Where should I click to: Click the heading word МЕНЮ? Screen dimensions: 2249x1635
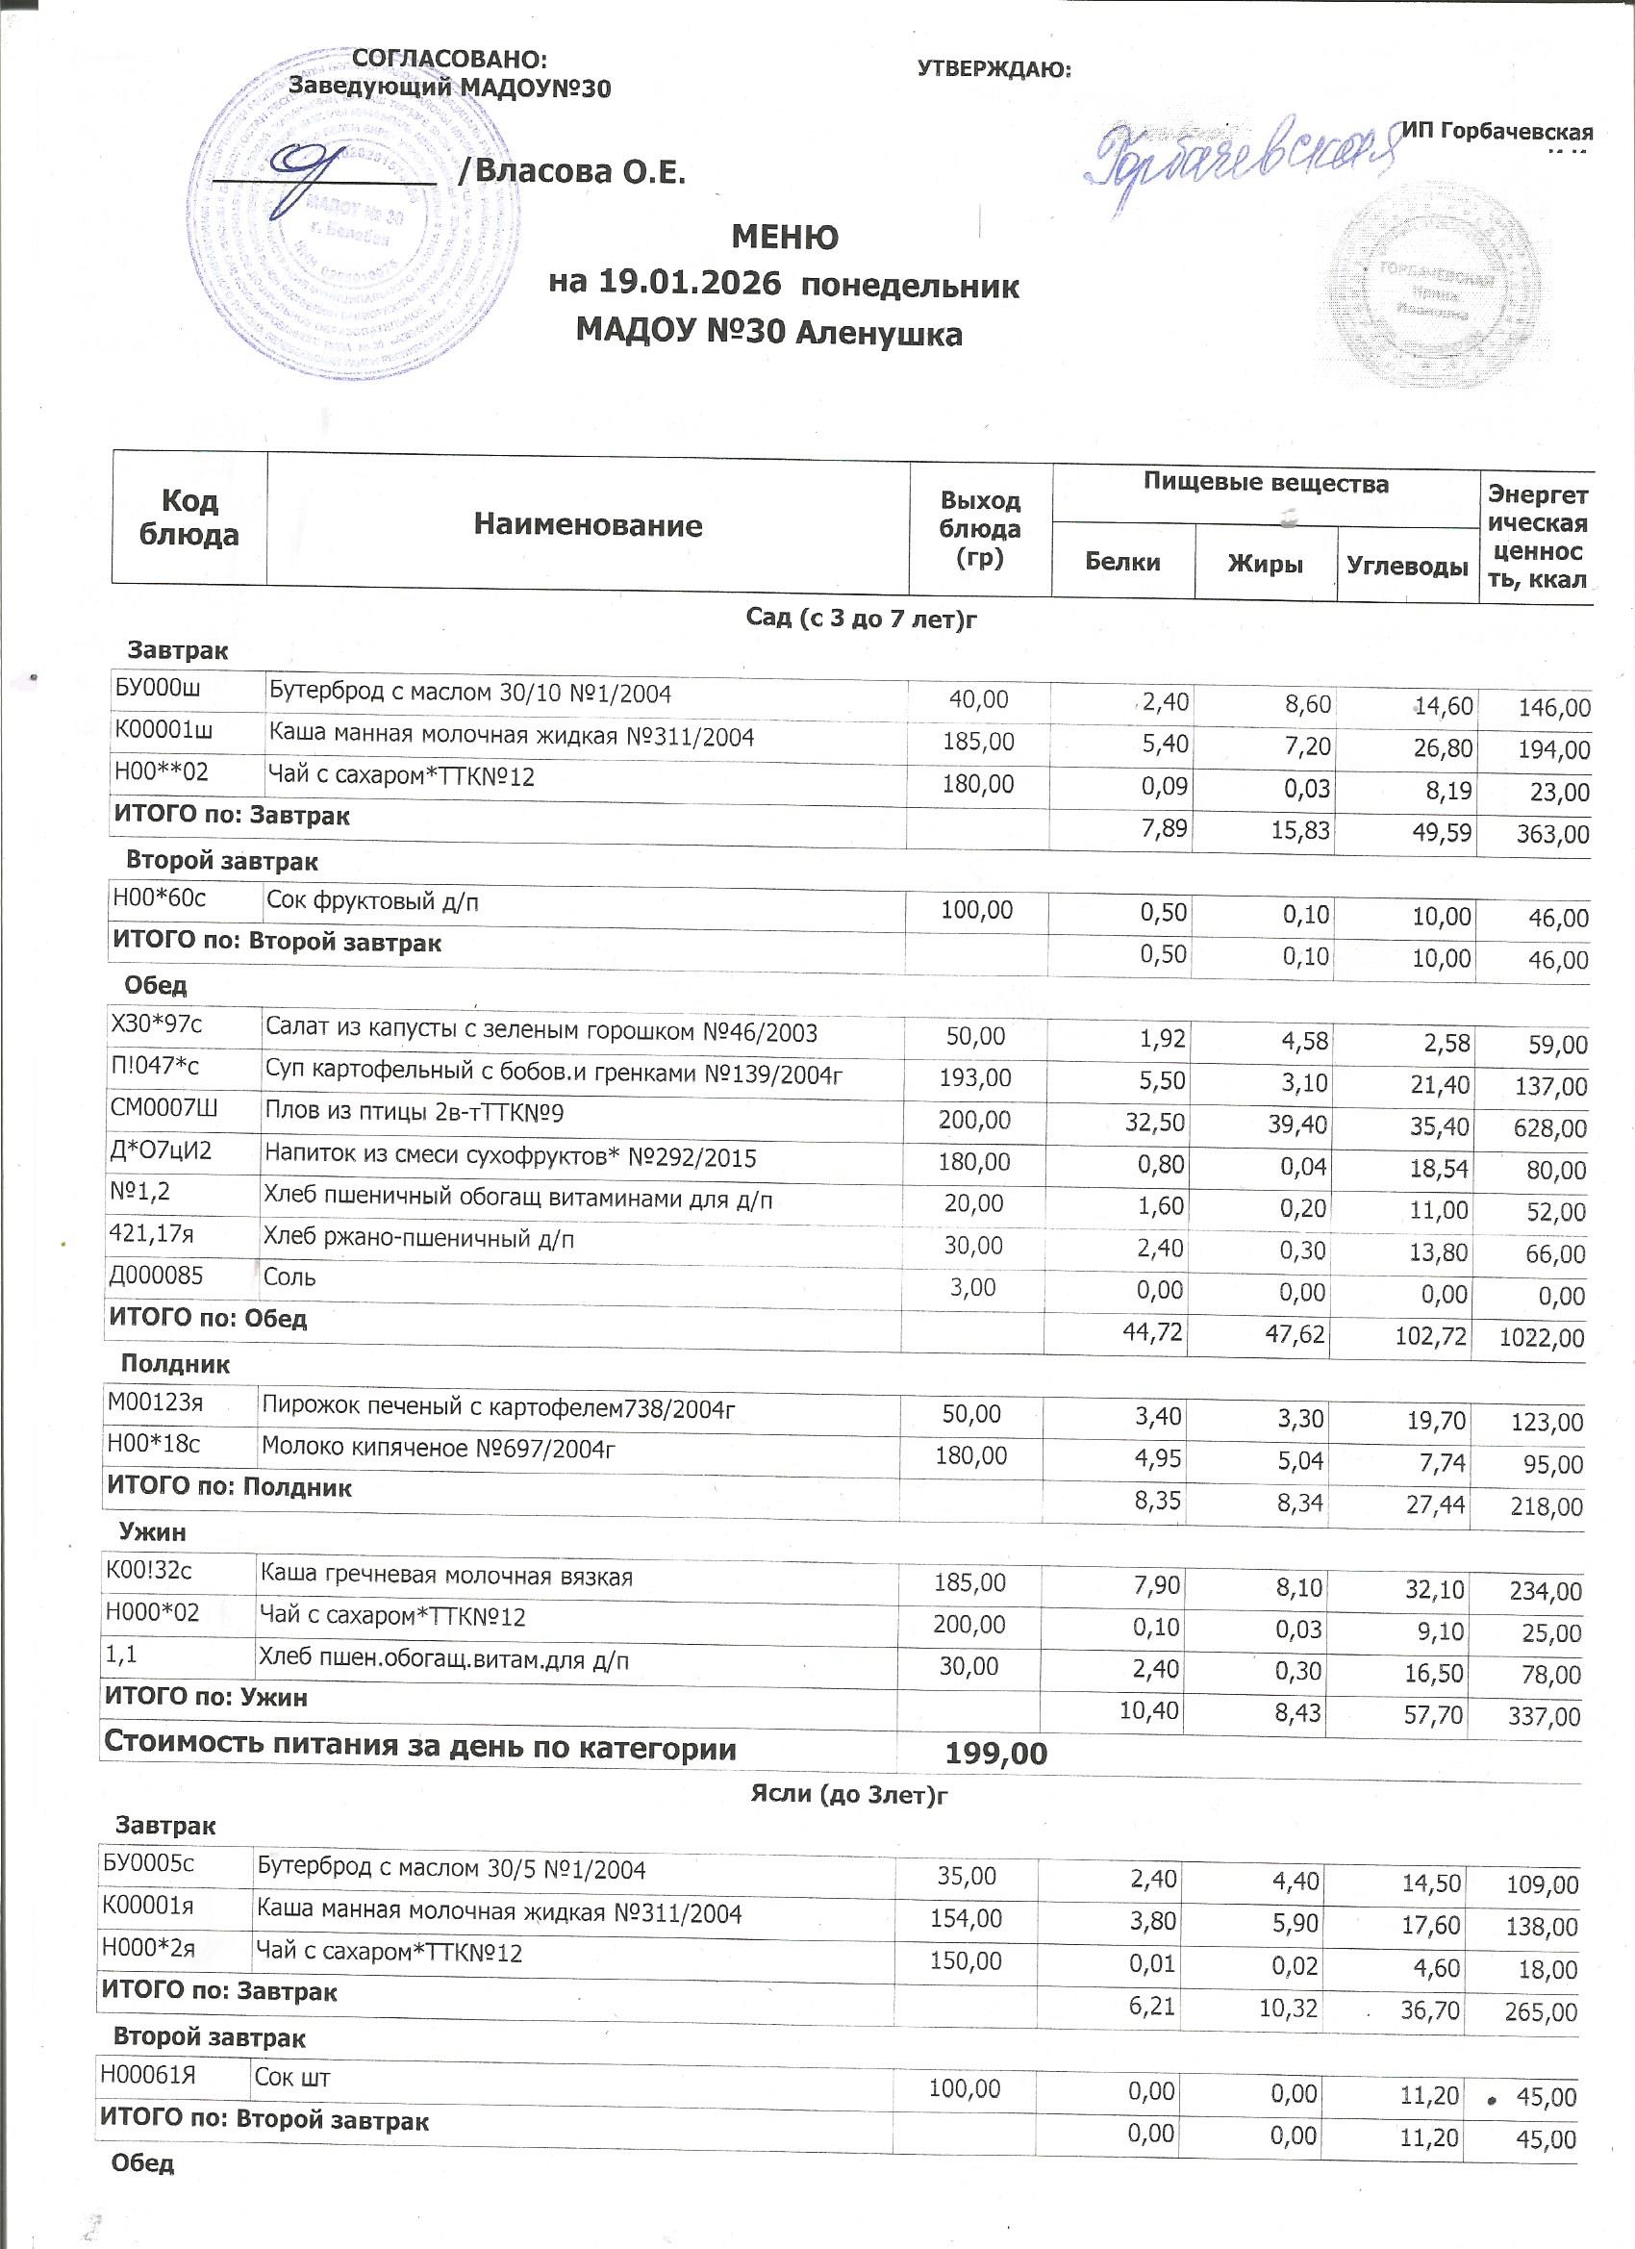click(784, 238)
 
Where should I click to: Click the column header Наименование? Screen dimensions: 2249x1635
click(587, 524)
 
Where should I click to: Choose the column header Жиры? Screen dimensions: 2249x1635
click(1264, 565)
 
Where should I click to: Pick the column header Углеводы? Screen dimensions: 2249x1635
click(1407, 567)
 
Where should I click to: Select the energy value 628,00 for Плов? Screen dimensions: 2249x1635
click(1551, 1128)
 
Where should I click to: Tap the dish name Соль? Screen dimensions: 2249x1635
click(289, 1277)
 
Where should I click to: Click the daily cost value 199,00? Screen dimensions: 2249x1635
click(995, 1755)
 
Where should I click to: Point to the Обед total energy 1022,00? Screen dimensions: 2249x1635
click(1542, 1338)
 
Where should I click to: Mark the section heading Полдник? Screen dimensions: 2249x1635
click(174, 1364)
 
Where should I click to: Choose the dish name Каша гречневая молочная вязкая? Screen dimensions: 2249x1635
click(445, 1577)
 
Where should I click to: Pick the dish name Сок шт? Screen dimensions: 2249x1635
click(292, 2077)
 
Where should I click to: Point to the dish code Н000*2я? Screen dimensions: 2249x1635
click(149, 1948)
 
